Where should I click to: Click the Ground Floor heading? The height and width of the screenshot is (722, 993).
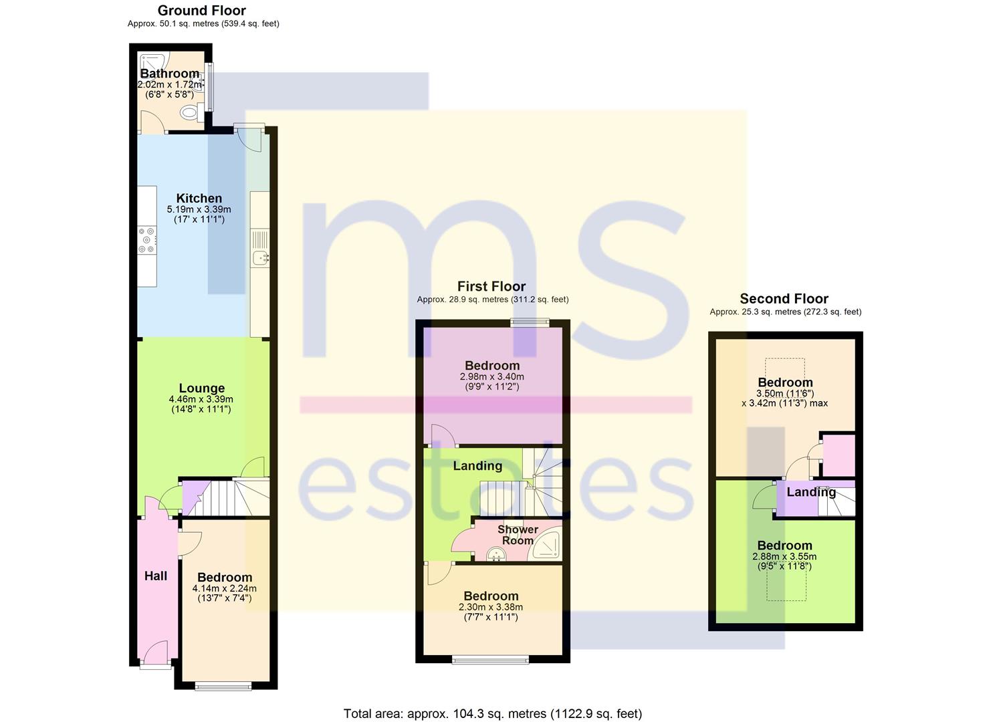click(x=202, y=10)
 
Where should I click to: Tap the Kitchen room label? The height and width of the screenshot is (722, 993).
click(x=199, y=198)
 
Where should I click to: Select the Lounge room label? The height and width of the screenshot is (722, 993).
click(x=202, y=388)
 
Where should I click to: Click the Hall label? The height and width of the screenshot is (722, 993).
click(x=156, y=576)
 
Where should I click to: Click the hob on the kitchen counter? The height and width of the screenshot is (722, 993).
click(x=146, y=240)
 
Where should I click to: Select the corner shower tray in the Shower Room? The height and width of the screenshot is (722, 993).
click(x=547, y=544)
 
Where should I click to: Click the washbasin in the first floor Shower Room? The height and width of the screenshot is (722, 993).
click(x=496, y=554)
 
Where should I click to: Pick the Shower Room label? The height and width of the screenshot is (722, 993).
click(x=518, y=535)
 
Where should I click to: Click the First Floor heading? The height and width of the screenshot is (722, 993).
click(x=491, y=286)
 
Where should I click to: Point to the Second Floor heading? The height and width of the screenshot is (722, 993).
click(x=784, y=299)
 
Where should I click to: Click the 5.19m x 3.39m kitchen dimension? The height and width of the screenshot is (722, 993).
click(x=199, y=209)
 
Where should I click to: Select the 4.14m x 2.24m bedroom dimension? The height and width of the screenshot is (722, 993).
click(x=224, y=588)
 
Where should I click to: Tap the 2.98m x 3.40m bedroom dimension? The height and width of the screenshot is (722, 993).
click(x=492, y=377)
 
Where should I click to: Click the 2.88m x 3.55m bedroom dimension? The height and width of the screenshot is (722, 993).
click(x=784, y=557)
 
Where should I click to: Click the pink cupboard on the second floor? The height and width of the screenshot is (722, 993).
click(x=839, y=456)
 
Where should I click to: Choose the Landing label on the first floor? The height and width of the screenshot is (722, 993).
click(x=477, y=466)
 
